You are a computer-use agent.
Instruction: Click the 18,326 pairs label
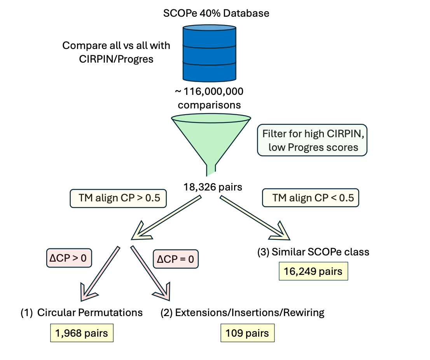[213, 187]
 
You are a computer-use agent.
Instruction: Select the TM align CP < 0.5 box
[311, 198]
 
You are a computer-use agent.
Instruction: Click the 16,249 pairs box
[313, 271]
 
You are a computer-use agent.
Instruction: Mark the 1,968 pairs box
[82, 333]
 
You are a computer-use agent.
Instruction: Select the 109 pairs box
[247, 333]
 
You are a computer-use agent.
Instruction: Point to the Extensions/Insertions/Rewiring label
[242, 313]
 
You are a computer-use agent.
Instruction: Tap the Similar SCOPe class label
[313, 252]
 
